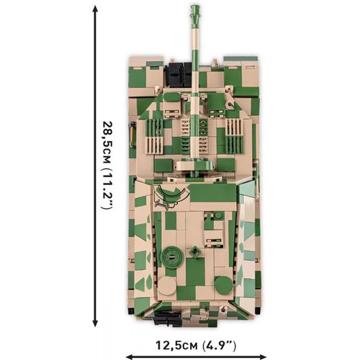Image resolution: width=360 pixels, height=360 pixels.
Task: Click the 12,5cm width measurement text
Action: point(177,346)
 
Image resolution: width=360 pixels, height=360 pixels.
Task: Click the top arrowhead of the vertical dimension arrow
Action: point(95,9)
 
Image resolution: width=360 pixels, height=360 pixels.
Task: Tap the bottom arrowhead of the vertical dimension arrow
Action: point(95,323)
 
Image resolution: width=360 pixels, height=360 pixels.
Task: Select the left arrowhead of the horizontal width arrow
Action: point(130,356)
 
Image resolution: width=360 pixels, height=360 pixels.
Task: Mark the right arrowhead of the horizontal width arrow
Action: point(263,356)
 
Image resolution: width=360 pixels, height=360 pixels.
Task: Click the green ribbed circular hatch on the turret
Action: point(171,258)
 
